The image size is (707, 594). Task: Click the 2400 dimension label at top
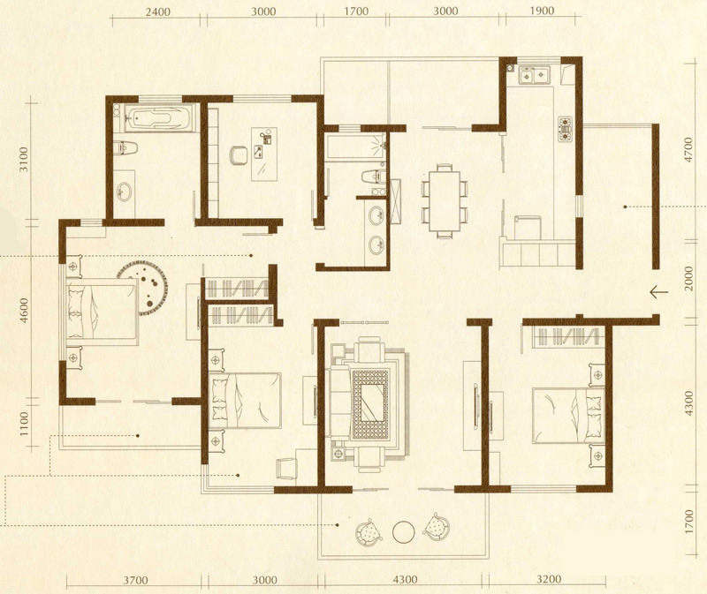pos(158,11)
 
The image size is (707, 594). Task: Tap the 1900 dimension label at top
pos(541,11)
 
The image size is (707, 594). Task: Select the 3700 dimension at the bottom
pos(135,580)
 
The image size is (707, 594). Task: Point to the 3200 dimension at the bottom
pos(549,579)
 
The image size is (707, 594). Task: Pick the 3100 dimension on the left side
pos(24,159)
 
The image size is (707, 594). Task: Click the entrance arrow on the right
pos(658,292)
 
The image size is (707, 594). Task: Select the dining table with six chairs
pos(445,201)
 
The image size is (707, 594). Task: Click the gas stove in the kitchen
pos(565,129)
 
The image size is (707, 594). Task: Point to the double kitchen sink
pos(535,75)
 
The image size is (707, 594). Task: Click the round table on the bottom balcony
pos(404,532)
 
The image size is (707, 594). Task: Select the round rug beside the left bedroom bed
pos(143,288)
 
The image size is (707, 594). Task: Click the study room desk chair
pos(238,155)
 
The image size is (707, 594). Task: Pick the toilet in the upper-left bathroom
pos(125,147)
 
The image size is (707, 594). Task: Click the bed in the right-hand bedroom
pos(568,415)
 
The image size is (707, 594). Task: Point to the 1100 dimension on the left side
pos(24,424)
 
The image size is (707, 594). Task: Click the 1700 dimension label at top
pos(356,11)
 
